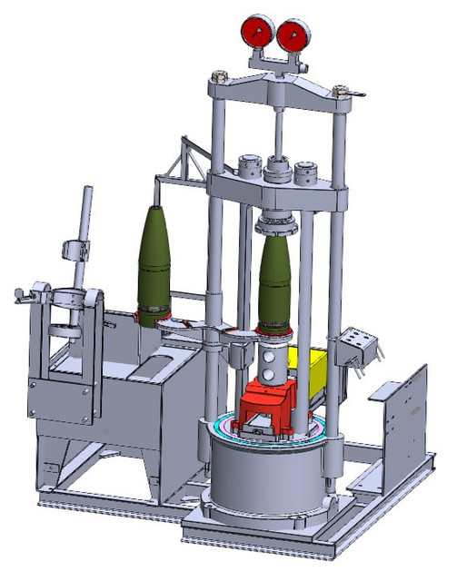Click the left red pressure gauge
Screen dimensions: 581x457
256,34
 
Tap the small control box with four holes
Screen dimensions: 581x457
358,346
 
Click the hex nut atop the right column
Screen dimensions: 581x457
342,91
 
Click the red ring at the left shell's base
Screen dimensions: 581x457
151,317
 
